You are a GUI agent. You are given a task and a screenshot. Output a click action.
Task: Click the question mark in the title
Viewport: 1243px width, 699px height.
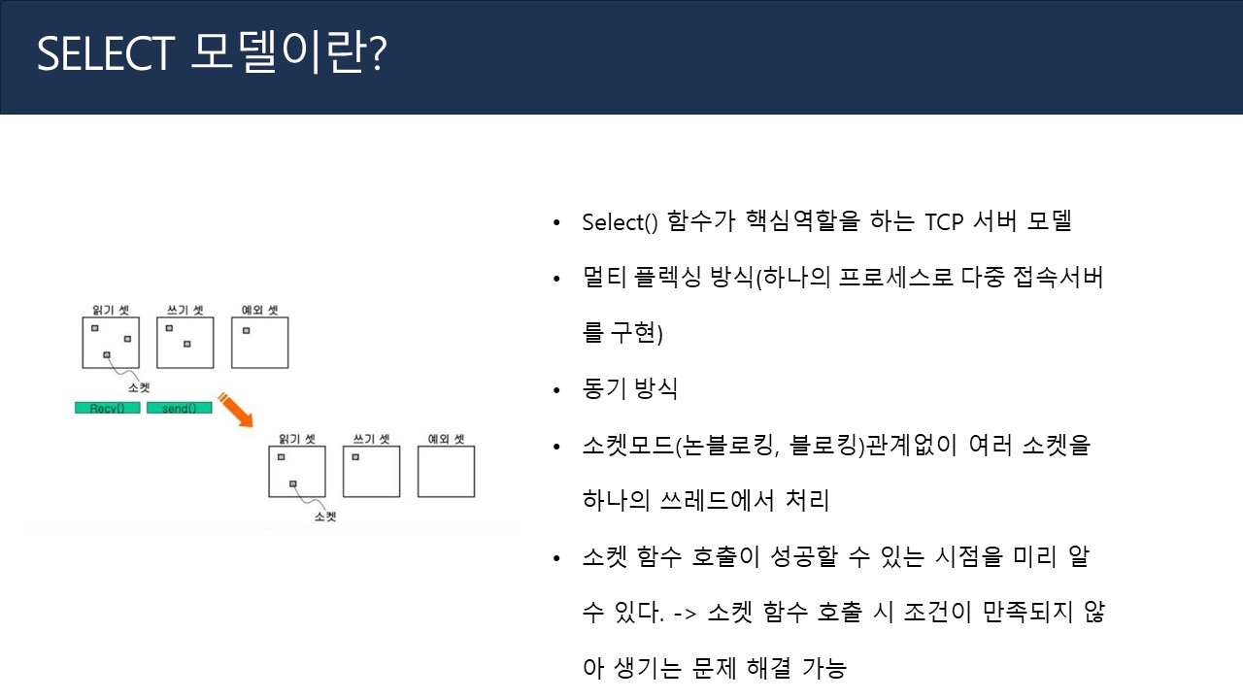pyautogui.click(x=377, y=56)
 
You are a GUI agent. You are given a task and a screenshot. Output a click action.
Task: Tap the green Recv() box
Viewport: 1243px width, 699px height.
pyautogui.click(x=108, y=408)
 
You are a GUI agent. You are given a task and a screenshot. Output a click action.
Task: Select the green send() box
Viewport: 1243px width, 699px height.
pyautogui.click(x=180, y=408)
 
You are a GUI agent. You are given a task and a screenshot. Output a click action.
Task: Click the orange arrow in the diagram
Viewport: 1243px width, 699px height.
pyautogui.click(x=236, y=411)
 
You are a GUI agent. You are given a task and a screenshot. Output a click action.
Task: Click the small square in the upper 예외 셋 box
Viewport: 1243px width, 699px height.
pyautogui.click(x=247, y=330)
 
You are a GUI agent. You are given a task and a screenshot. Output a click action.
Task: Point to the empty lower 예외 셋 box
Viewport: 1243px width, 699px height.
pyautogui.click(x=446, y=471)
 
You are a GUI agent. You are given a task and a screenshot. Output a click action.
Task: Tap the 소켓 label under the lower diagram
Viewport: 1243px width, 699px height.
pyautogui.click(x=326, y=516)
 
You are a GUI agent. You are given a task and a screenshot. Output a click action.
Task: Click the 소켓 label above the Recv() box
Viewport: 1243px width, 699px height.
pyautogui.click(x=140, y=387)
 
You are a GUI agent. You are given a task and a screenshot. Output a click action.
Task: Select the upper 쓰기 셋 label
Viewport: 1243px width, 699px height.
pyautogui.click(x=185, y=311)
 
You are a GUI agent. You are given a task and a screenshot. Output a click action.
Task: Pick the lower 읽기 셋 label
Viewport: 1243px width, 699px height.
pyautogui.click(x=297, y=439)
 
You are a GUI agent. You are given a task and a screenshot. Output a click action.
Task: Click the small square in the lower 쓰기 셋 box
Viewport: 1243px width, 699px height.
pyautogui.click(x=356, y=456)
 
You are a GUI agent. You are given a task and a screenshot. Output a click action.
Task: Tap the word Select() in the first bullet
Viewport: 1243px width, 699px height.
pyautogui.click(x=620, y=221)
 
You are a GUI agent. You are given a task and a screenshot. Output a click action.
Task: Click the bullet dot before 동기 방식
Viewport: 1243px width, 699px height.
pyautogui.click(x=556, y=390)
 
